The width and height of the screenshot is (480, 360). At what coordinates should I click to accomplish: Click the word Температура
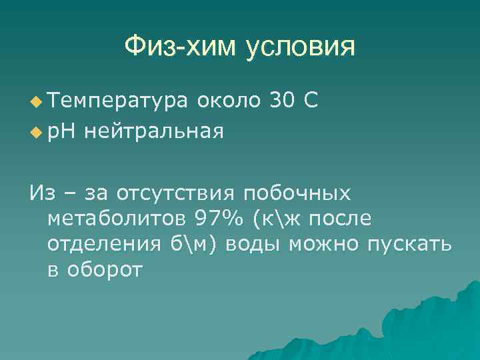point(118,101)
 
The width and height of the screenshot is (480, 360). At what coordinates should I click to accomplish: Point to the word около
point(228,100)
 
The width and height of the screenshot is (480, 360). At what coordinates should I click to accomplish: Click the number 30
point(282,100)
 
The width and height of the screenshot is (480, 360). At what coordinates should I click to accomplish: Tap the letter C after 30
point(310,100)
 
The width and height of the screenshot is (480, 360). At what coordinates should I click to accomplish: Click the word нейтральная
point(154,131)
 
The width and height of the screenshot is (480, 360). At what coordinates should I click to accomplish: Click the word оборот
point(104,269)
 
